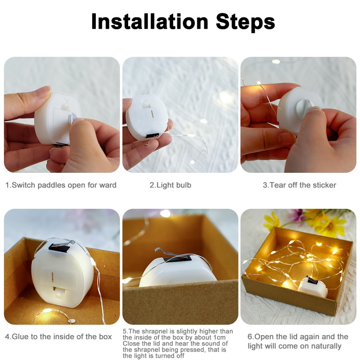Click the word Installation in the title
point(149,21)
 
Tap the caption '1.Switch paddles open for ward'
point(61,185)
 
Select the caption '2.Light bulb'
point(170,185)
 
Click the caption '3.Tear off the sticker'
point(299,185)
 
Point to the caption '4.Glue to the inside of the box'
point(58,336)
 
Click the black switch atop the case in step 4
point(59,247)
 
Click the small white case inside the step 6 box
point(313,286)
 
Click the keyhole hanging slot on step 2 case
point(146,104)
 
